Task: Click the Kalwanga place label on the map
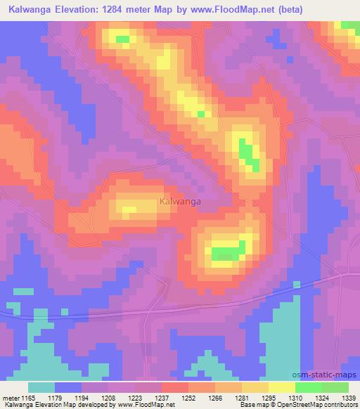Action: (180, 201)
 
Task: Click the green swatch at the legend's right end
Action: (335, 387)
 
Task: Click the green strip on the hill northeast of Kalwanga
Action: (247, 154)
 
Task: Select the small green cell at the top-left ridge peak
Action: (122, 39)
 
